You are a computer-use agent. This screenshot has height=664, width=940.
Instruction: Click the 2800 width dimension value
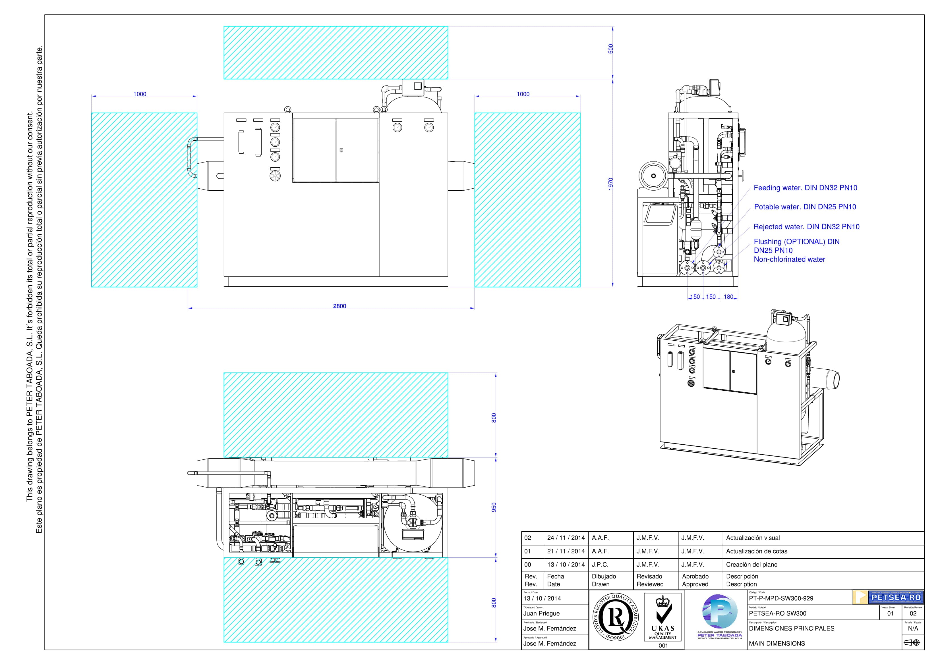pyautogui.click(x=339, y=306)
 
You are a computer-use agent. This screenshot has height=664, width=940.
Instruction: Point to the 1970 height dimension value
pyautogui.click(x=610, y=184)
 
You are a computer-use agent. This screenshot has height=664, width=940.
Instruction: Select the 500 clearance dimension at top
pyautogui.click(x=610, y=49)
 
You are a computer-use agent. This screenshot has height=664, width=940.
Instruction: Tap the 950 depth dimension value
pyautogui.click(x=494, y=507)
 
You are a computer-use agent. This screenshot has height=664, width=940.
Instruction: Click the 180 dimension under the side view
pyautogui.click(x=728, y=297)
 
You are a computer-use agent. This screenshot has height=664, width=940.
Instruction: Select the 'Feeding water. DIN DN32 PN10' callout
pyautogui.click(x=805, y=188)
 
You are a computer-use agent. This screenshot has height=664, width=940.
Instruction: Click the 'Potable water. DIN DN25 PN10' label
pyautogui.click(x=805, y=207)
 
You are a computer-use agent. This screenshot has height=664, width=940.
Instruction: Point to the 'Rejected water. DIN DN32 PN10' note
pyautogui.click(x=807, y=227)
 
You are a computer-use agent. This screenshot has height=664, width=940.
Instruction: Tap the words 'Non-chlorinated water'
pyautogui.click(x=789, y=259)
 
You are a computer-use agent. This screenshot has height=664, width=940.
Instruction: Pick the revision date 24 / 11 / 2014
pyautogui.click(x=566, y=538)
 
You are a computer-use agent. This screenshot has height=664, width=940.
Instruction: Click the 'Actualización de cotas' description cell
pyautogui.click(x=757, y=551)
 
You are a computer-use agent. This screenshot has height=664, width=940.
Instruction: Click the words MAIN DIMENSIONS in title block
pyautogui.click(x=777, y=644)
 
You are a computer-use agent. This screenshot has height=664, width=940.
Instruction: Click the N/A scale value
pyautogui.click(x=913, y=628)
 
